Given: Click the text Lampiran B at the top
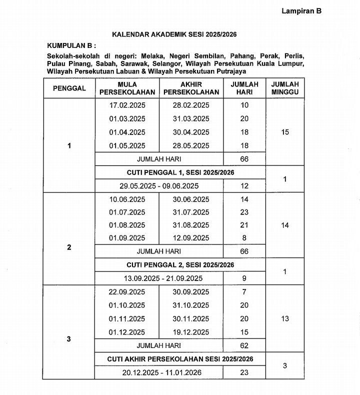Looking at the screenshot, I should coord(301,11).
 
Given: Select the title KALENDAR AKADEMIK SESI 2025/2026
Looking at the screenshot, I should coord(174,34).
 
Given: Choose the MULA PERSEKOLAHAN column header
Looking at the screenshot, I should coord(127,88).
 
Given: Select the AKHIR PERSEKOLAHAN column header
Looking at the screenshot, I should coord(191,88).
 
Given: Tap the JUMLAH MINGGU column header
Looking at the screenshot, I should coord(285,88).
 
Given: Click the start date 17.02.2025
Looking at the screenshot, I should coord(127,105).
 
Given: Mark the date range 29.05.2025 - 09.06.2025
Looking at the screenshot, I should coord(159,186).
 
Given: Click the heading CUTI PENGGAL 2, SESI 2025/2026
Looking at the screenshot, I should coord(180,265).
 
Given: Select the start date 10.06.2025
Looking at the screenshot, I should coord(127,199).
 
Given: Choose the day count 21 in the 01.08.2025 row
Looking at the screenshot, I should coord(244,225).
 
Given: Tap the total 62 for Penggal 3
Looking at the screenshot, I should coord(244,345).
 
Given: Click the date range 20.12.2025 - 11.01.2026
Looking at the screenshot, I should coord(159,372).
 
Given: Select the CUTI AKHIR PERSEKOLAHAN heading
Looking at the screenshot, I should coord(180,359).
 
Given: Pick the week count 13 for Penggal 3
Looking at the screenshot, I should coord(285,318).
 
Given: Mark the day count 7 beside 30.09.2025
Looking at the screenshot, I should coord(244,292).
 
